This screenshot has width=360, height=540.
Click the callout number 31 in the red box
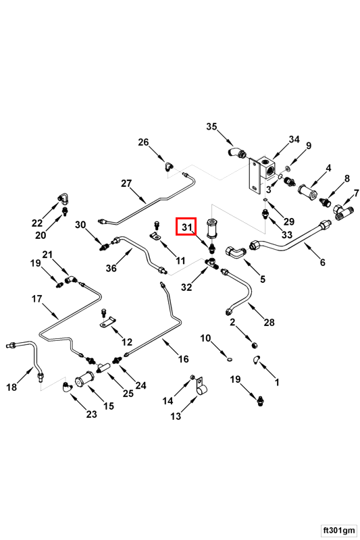(x=186, y=227)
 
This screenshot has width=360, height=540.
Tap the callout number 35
(x=211, y=126)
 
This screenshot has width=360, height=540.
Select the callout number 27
(x=126, y=183)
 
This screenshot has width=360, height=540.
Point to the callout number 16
(x=183, y=359)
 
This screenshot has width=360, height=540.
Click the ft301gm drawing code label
(x=338, y=529)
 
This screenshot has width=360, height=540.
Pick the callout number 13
(x=176, y=416)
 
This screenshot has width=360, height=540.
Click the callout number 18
(x=11, y=387)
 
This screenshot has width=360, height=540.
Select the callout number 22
(x=37, y=223)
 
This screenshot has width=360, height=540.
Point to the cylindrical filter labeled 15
(x=84, y=380)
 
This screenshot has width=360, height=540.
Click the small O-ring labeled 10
(x=230, y=360)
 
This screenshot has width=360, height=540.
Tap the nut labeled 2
(x=255, y=345)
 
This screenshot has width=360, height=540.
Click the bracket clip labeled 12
(x=107, y=322)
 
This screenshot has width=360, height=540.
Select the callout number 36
(x=111, y=267)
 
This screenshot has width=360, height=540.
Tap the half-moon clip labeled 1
(x=255, y=359)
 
